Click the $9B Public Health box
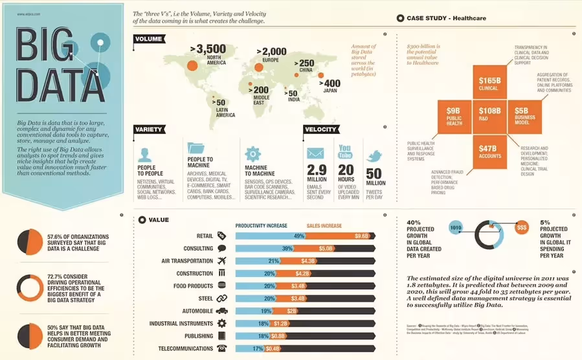point(453,115)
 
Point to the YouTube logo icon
point(345,152)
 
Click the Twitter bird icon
point(375,156)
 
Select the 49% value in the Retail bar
point(298,236)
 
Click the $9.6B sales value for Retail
point(361,236)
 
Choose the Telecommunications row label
point(186,348)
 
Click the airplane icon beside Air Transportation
point(222,261)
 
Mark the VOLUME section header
point(150,39)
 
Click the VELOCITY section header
point(320,129)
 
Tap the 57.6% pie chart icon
point(28,242)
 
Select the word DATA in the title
point(51,87)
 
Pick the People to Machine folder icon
point(196,149)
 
